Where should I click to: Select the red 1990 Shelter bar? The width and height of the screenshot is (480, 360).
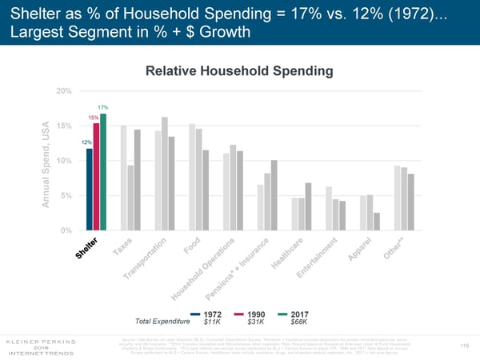[96, 177]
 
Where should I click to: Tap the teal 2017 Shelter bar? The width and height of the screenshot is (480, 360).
[103, 172]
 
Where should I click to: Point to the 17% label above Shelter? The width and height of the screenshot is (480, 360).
[103, 108]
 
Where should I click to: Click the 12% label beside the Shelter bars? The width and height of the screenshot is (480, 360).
[86, 142]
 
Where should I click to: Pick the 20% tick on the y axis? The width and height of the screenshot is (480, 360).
[65, 90]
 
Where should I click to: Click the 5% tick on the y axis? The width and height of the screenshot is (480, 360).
[67, 196]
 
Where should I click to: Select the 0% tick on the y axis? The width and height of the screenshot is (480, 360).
[67, 231]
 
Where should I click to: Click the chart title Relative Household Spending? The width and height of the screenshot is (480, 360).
[240, 71]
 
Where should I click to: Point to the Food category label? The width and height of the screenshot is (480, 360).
[191, 248]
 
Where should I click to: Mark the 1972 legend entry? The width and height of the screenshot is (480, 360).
[206, 313]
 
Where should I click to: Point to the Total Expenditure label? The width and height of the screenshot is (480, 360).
[163, 322]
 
